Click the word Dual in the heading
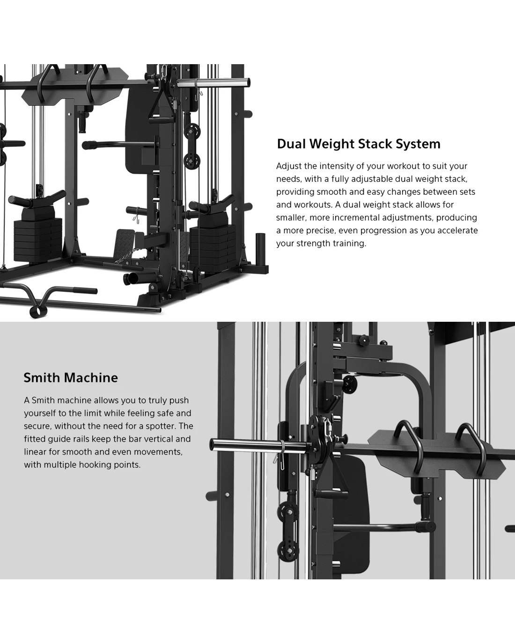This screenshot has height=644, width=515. point(291,144)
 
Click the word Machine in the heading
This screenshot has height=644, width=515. point(91,378)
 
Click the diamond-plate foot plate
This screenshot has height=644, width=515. point(125,243)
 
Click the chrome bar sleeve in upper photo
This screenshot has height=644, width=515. point(213,82)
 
